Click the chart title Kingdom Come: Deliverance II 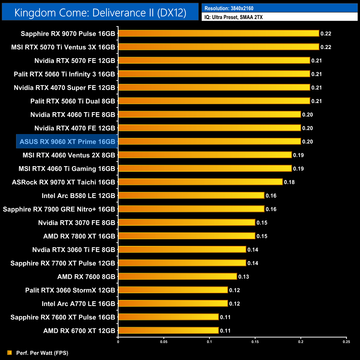[100, 12]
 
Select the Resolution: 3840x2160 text [229, 8]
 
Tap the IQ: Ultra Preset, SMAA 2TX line [233, 17]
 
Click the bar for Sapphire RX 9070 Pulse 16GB [218, 34]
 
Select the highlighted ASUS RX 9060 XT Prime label [67, 142]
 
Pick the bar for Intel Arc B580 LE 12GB [191, 196]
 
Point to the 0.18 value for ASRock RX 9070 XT [289, 182]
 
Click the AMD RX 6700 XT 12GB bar [168, 330]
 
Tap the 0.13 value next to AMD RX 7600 [244, 277]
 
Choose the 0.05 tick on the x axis [164, 342]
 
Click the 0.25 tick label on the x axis [346, 342]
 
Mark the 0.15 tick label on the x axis [255, 342]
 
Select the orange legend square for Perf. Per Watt [10, 353]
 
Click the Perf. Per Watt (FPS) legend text [42, 353]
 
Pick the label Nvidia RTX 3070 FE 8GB [76, 223]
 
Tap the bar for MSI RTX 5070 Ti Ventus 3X [218, 47]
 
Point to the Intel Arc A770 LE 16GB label [78, 304]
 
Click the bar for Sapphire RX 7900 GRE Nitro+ [191, 209]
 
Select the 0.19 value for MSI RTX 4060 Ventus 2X [298, 155]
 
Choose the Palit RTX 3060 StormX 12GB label [70, 290]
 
